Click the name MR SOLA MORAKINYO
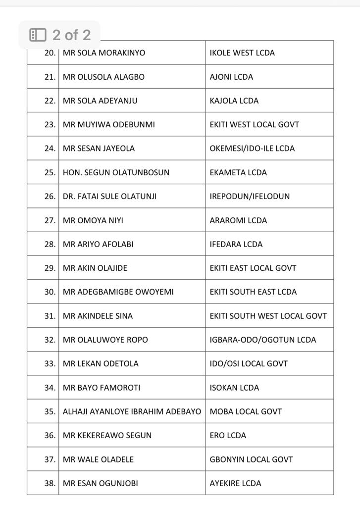[104, 53]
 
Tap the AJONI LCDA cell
[231, 77]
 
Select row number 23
[50, 125]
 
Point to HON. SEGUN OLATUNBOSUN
[116, 172]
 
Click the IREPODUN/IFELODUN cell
[250, 196]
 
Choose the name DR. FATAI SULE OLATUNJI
[109, 196]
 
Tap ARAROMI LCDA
[238, 220]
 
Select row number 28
[50, 244]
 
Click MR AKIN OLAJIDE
[95, 268]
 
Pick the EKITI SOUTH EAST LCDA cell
[253, 292]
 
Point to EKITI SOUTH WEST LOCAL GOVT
[268, 316]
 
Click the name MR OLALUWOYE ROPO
[105, 340]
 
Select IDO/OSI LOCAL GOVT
[249, 363]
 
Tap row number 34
[50, 388]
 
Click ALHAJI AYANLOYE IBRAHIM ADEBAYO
[132, 411]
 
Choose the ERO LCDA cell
[228, 435]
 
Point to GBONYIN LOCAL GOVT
[251, 459]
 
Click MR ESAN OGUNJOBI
[100, 483]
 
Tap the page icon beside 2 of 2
[38, 35]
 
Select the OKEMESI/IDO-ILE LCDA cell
[252, 149]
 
